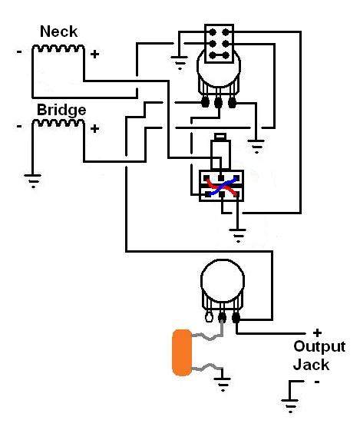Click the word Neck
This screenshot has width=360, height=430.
(58, 31)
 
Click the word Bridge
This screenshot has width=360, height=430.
(61, 111)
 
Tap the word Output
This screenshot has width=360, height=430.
(319, 347)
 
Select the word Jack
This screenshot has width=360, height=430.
(311, 365)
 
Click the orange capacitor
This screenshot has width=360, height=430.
(182, 352)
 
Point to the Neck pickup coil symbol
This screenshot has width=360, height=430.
(58, 48)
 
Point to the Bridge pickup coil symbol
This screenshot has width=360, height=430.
(58, 123)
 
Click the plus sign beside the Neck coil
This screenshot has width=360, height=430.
(94, 54)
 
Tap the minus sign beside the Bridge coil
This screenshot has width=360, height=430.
(19, 126)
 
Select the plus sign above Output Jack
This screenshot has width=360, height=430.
(317, 333)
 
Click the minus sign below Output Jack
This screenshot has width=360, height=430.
(317, 382)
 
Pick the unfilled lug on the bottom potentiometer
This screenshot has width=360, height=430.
(209, 317)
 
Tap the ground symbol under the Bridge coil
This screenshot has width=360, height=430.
(33, 180)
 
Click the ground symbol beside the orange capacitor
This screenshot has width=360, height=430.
(223, 384)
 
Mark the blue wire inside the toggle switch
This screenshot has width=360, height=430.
(223, 187)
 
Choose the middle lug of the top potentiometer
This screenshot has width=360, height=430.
(218, 103)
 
